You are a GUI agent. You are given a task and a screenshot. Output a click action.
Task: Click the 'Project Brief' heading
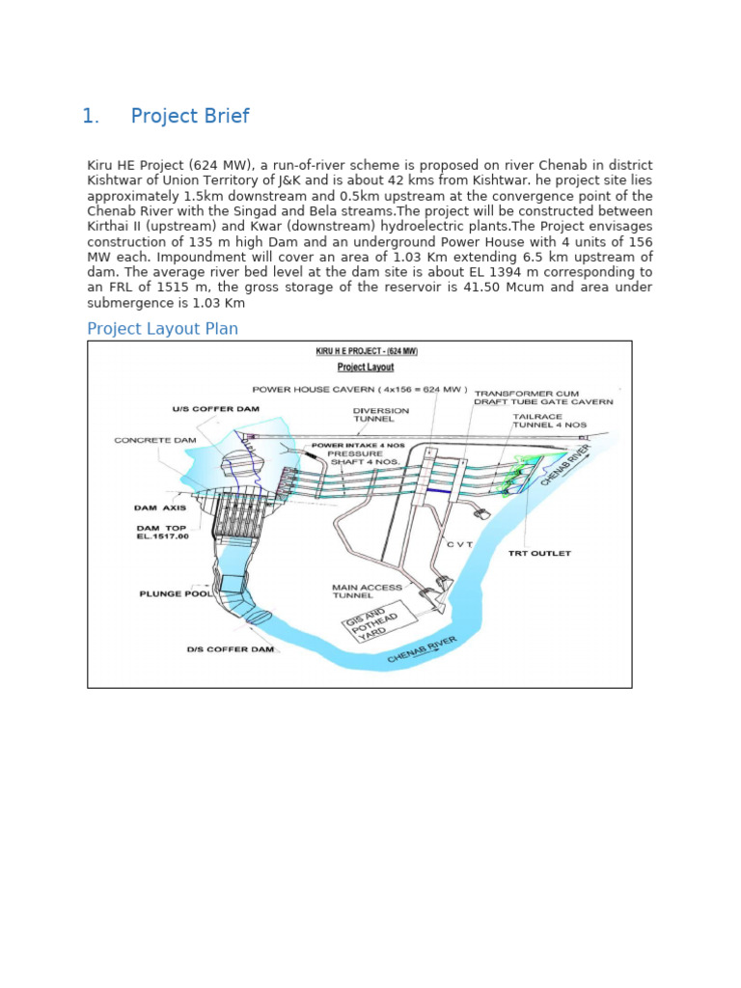point(189,117)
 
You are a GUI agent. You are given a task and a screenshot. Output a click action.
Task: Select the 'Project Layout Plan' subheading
point(162,329)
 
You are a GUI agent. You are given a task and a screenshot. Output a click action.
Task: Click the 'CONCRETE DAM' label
point(155,440)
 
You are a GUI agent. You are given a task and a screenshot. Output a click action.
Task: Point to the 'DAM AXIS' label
point(159,507)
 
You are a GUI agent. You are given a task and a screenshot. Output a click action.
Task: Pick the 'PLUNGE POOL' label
point(175,594)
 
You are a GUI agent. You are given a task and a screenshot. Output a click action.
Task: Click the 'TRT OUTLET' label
point(539,554)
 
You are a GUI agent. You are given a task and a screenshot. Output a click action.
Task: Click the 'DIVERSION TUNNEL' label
point(380,415)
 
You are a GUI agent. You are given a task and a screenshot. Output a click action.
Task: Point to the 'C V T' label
point(460,544)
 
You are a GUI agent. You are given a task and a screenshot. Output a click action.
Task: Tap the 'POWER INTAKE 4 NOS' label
point(345,445)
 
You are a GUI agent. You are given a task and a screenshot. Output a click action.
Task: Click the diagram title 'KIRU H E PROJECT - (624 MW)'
point(367,352)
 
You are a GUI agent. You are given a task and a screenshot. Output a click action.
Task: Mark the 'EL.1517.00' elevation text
point(162,536)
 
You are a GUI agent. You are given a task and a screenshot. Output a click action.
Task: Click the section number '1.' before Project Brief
point(91,117)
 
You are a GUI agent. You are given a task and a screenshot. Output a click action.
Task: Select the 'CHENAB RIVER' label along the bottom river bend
point(422,649)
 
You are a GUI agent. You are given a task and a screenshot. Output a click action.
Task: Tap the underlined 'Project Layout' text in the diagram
point(365,368)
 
